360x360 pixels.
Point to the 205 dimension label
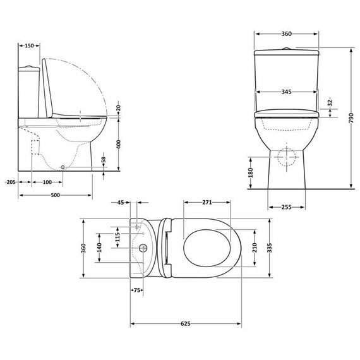[9, 182]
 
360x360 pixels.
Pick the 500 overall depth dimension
[56, 195]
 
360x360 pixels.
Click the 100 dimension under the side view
[47, 182]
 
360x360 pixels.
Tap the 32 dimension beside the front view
[330, 104]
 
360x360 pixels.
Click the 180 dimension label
[250, 171]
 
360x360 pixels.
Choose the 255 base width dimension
[287, 206]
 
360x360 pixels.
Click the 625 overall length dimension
[185, 323]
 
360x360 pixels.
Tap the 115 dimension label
[117, 237]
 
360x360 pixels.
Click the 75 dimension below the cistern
[136, 290]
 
